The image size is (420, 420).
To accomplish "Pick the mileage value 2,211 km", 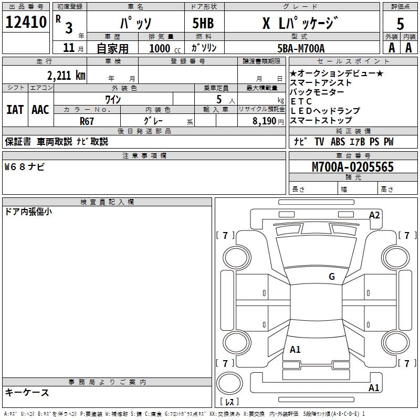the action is coord(66,75).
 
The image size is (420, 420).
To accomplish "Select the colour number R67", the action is coord(87,121).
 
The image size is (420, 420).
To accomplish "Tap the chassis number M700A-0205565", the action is coord(352,167).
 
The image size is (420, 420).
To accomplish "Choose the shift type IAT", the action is coord(15,110).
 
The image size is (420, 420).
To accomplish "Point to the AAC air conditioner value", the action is coord(40,110).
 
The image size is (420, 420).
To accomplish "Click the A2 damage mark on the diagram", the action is coord(374,215).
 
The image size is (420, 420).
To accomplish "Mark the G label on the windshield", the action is coord(331,276).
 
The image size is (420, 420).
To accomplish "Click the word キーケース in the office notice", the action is coord(27,392).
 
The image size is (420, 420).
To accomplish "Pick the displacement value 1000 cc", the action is coord(164,48).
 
